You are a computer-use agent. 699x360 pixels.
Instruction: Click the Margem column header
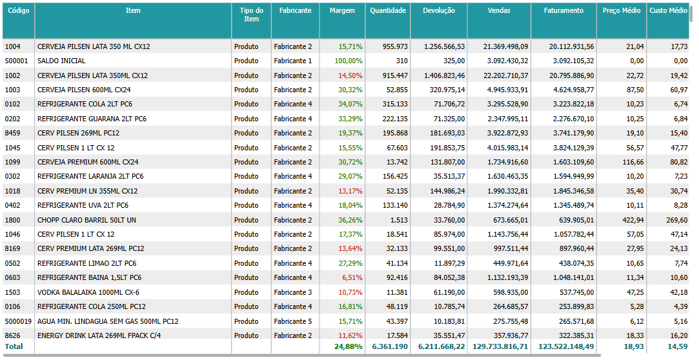(342, 11)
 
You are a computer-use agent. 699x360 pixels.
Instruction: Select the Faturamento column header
(563, 11)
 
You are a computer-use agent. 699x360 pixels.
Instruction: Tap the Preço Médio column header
(621, 11)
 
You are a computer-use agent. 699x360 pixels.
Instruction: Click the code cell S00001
(16, 61)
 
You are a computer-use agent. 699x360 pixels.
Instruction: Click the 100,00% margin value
(349, 61)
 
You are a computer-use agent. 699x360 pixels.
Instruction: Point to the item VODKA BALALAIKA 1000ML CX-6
(88, 292)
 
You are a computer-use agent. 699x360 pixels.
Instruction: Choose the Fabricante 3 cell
(292, 292)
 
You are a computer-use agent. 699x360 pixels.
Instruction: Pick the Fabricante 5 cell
(292, 321)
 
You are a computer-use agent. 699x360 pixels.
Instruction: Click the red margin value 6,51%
(352, 277)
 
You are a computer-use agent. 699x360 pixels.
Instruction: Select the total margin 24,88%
(349, 346)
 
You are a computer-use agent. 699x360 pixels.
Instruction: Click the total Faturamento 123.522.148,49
(562, 346)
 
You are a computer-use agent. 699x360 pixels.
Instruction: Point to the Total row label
(14, 346)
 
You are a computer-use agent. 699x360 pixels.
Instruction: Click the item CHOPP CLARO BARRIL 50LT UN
(86, 220)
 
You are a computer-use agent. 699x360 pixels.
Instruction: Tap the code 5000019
(18, 321)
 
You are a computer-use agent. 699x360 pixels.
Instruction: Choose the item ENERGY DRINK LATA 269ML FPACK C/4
(99, 335)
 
